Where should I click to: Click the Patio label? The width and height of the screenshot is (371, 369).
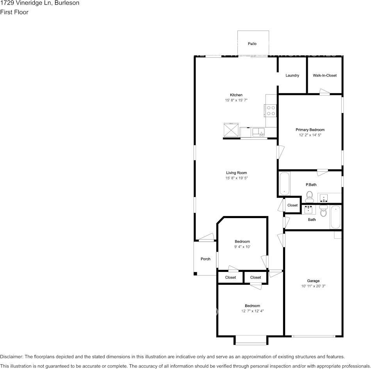pyautogui.click(x=252, y=44)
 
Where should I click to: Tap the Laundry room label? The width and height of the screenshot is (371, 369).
pyautogui.click(x=292, y=75)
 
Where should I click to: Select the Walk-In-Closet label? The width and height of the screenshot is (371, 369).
pyautogui.click(x=325, y=75)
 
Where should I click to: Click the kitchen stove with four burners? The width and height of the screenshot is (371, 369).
pyautogui.click(x=271, y=111)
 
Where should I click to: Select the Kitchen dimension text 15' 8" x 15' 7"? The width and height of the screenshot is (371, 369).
pyautogui.click(x=236, y=100)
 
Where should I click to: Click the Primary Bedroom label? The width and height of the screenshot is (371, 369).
pyautogui.click(x=310, y=130)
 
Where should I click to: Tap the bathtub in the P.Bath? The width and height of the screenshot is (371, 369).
pyautogui.click(x=284, y=183)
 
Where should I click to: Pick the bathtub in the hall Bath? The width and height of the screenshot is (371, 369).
pyautogui.click(x=335, y=217)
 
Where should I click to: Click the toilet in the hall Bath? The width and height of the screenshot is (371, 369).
pyautogui.click(x=323, y=211)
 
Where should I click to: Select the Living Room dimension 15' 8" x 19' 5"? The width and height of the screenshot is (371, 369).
pyautogui.click(x=236, y=178)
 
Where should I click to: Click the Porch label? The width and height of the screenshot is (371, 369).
pyautogui.click(x=205, y=259)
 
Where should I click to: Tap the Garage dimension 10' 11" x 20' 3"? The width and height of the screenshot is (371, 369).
pyautogui.click(x=313, y=286)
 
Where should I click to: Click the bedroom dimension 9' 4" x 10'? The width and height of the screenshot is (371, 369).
pyautogui.click(x=242, y=247)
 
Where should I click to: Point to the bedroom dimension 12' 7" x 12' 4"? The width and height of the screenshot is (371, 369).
pyautogui.click(x=252, y=311)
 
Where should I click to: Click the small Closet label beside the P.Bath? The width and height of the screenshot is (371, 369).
pyautogui.click(x=293, y=205)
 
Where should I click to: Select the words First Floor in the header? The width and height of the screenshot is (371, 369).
pyautogui.click(x=14, y=12)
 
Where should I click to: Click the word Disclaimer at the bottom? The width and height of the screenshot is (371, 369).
pyautogui.click(x=11, y=357)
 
